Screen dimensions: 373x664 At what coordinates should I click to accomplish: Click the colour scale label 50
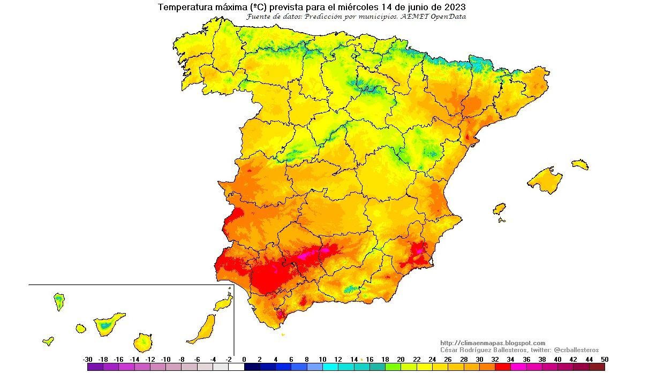[x=605, y=360]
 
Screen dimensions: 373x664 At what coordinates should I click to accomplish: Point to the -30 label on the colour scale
[x=88, y=360]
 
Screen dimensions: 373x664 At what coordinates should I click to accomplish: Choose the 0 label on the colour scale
[x=244, y=360]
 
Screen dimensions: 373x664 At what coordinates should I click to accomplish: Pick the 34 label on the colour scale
[x=510, y=360]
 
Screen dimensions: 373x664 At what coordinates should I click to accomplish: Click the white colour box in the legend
[x=236, y=367]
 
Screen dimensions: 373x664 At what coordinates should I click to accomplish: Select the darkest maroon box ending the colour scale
[x=597, y=367]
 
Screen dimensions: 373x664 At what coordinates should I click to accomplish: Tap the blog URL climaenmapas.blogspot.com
[x=492, y=343]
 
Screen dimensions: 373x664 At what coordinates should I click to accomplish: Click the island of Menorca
[x=580, y=164]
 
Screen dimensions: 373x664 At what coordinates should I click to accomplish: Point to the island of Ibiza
[x=499, y=208]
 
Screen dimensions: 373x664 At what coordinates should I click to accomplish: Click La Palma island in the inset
[x=59, y=301]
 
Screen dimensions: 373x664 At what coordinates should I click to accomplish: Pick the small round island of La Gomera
[x=81, y=328]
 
